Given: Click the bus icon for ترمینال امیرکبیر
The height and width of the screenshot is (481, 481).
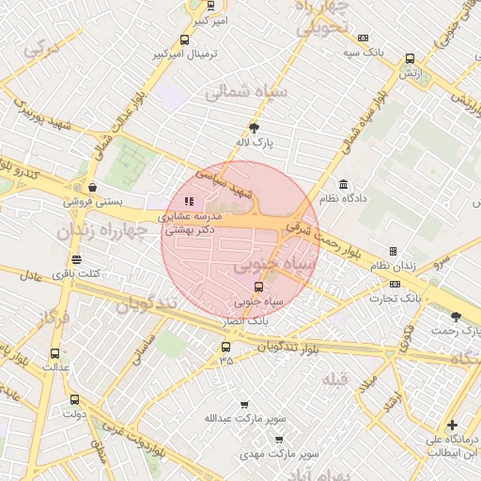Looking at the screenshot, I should point(184,40).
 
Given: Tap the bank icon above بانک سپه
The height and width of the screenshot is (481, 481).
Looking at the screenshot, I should point(363,38).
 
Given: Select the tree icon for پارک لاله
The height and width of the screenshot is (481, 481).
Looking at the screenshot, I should point(253,128).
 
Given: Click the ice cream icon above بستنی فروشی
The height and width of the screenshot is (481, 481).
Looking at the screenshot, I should point(90,187).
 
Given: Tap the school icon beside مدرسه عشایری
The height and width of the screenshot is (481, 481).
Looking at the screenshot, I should point(188,200).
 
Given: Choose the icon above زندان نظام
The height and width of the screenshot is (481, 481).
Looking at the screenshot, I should point(393,251).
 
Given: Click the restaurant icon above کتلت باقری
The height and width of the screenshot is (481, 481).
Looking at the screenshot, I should point(76,259).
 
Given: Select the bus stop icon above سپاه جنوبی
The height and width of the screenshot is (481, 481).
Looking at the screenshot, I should point(258,287).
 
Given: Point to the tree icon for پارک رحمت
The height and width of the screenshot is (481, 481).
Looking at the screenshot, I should point(457,317).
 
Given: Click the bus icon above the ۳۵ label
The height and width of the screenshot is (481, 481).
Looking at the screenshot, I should point(225,346).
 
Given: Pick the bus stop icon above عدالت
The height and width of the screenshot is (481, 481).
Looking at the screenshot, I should point(54,354).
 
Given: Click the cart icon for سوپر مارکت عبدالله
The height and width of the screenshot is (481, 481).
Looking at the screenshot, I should point(244,404).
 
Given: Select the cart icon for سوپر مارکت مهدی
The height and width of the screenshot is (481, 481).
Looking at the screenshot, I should point(278,439).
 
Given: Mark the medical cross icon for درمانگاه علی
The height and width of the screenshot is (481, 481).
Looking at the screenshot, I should point(453,425).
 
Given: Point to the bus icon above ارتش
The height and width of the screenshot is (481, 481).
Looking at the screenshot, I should point(409,58).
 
